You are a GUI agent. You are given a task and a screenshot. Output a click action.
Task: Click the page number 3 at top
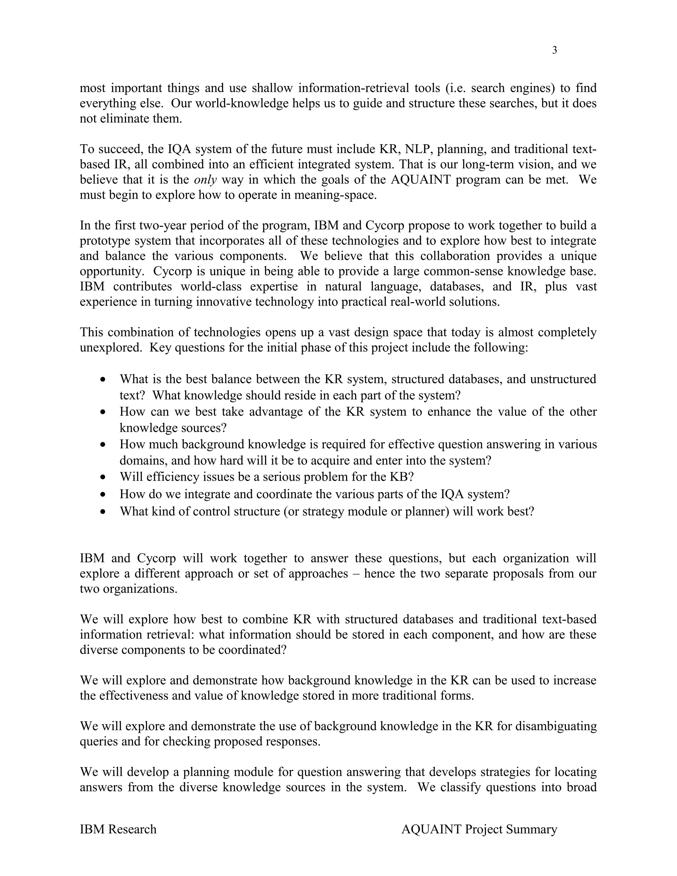pos(555,51)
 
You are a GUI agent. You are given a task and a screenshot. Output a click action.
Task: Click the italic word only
pos(205,179)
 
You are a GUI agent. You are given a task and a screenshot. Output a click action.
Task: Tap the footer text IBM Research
pos(118,829)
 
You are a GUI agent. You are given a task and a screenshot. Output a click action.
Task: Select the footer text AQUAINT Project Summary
pos(479,829)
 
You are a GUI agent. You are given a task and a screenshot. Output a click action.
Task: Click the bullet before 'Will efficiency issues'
pos(103,477)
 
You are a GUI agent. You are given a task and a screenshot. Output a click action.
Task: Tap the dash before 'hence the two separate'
pos(356,574)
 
